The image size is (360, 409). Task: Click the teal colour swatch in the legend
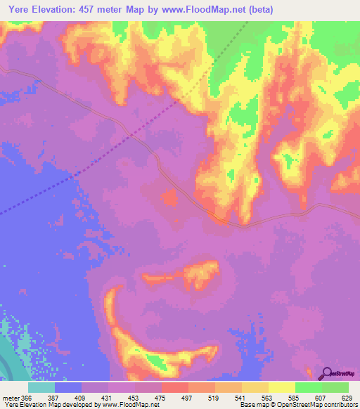[41, 387]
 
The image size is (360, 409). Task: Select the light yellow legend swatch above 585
[281, 387]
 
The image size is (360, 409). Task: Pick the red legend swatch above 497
[174, 387]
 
